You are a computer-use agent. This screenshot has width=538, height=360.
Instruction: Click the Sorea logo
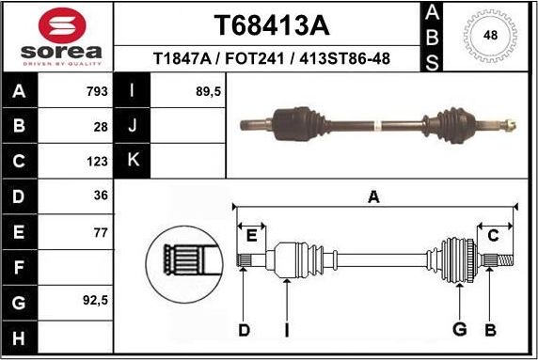56,37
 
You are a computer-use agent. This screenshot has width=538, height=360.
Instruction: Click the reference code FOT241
261,59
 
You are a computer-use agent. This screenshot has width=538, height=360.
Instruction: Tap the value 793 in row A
94,92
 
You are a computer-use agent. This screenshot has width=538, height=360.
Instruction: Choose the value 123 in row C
96,161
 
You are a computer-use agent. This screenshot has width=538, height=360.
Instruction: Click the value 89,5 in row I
206,92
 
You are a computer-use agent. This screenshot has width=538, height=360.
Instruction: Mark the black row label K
132,161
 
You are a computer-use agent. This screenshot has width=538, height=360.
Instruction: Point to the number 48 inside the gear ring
489,35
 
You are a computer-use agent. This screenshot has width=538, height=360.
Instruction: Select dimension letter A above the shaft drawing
373,196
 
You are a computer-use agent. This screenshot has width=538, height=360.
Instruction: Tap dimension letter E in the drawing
250,235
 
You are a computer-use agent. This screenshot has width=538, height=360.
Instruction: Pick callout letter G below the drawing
459,329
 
